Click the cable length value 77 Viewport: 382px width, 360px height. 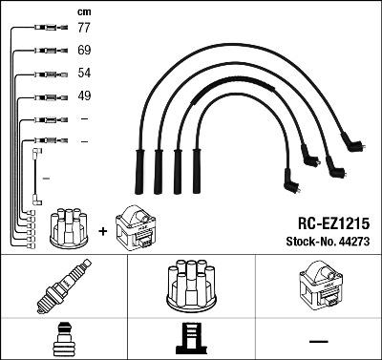click(84, 30)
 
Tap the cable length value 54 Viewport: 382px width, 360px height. click(84, 74)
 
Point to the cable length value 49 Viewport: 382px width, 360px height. click(84, 95)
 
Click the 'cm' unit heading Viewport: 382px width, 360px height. click(84, 11)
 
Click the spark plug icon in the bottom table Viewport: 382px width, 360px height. click(63, 286)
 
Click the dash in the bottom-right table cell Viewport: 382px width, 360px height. click(319, 340)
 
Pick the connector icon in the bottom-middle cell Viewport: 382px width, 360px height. click(192, 339)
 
